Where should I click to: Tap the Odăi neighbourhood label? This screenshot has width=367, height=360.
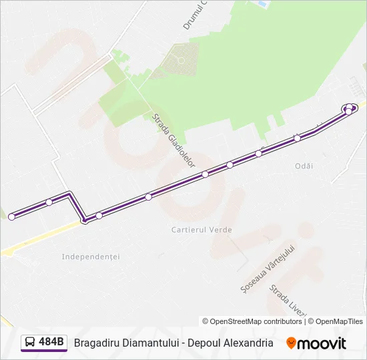coord(304,165)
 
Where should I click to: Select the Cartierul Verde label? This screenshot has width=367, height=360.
coord(202,230)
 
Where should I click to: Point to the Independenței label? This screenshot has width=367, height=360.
coord(90,256)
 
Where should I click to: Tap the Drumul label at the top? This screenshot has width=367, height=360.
coord(196,15)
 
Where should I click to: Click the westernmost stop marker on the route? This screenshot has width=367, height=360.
coord(11,217)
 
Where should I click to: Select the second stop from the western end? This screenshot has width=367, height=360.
coord(49,202)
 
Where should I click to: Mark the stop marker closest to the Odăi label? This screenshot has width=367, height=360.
coord(298,138)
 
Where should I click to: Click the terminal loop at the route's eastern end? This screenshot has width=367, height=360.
coord(350,108)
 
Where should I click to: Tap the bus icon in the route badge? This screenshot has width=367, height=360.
coord(31,343)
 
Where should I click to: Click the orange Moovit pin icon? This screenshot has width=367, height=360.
coord(291,343)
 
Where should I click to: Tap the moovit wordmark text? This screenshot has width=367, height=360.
coord(322,343)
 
